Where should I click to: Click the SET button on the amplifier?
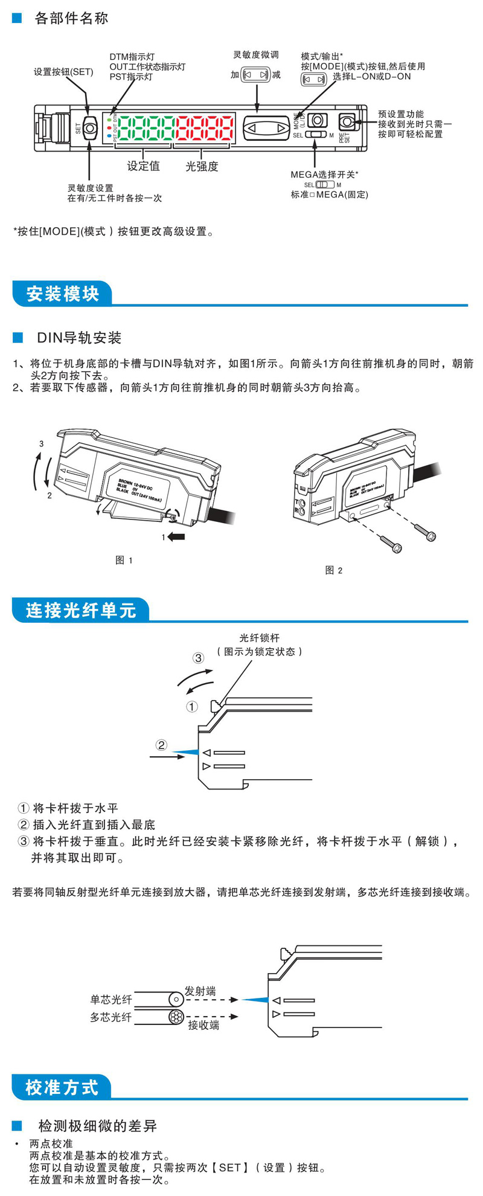[x=90, y=128]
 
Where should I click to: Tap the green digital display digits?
[x=145, y=128]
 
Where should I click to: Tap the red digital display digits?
[x=204, y=128]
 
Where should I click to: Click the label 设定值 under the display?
[x=143, y=166]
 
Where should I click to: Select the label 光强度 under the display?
[x=202, y=166]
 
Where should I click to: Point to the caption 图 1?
[x=124, y=561]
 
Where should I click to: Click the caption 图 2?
[x=334, y=570]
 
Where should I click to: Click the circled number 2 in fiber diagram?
[x=161, y=745]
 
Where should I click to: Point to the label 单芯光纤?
[x=111, y=1000]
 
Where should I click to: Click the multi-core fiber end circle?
[x=176, y=1017]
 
